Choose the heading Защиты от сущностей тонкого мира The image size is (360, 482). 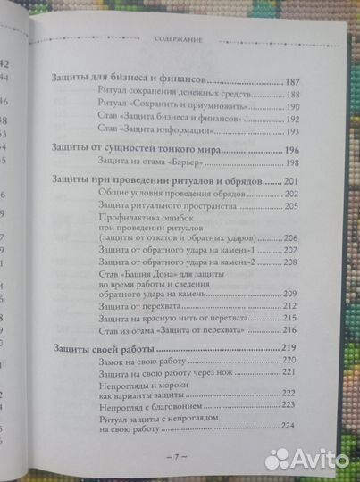(122, 150)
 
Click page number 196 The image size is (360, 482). (296, 150)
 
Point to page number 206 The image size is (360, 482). (294, 239)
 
